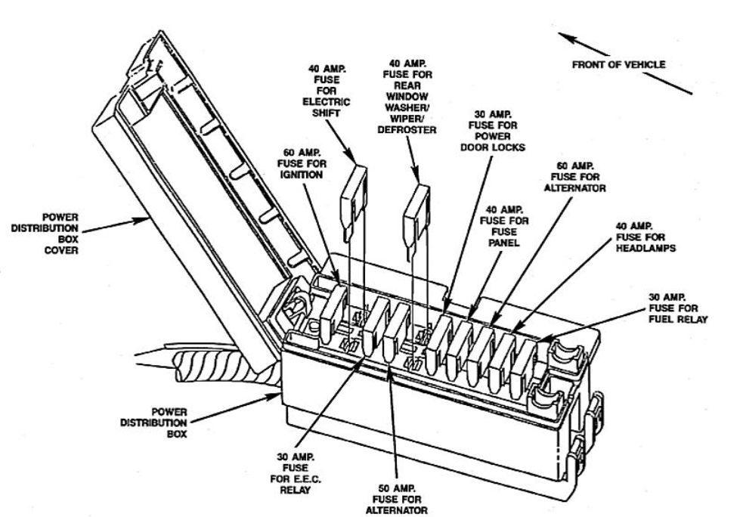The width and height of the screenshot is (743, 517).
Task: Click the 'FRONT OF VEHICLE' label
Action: tap(618, 65)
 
